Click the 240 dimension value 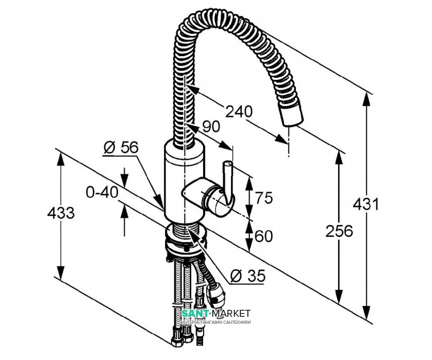pyautogui.click(x=239, y=112)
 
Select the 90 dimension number pyautogui.click(x=211, y=127)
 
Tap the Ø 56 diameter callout pyautogui.click(x=120, y=148)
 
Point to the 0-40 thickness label pyautogui.click(x=102, y=192)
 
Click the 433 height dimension pyautogui.click(x=60, y=213)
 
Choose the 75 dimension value pyautogui.click(x=264, y=198)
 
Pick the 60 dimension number pyautogui.click(x=264, y=236)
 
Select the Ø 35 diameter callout pyautogui.click(x=248, y=276)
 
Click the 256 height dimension pyautogui.click(x=339, y=231)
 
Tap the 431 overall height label pyautogui.click(x=366, y=205)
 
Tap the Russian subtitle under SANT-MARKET pyautogui.click(x=217, y=322)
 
